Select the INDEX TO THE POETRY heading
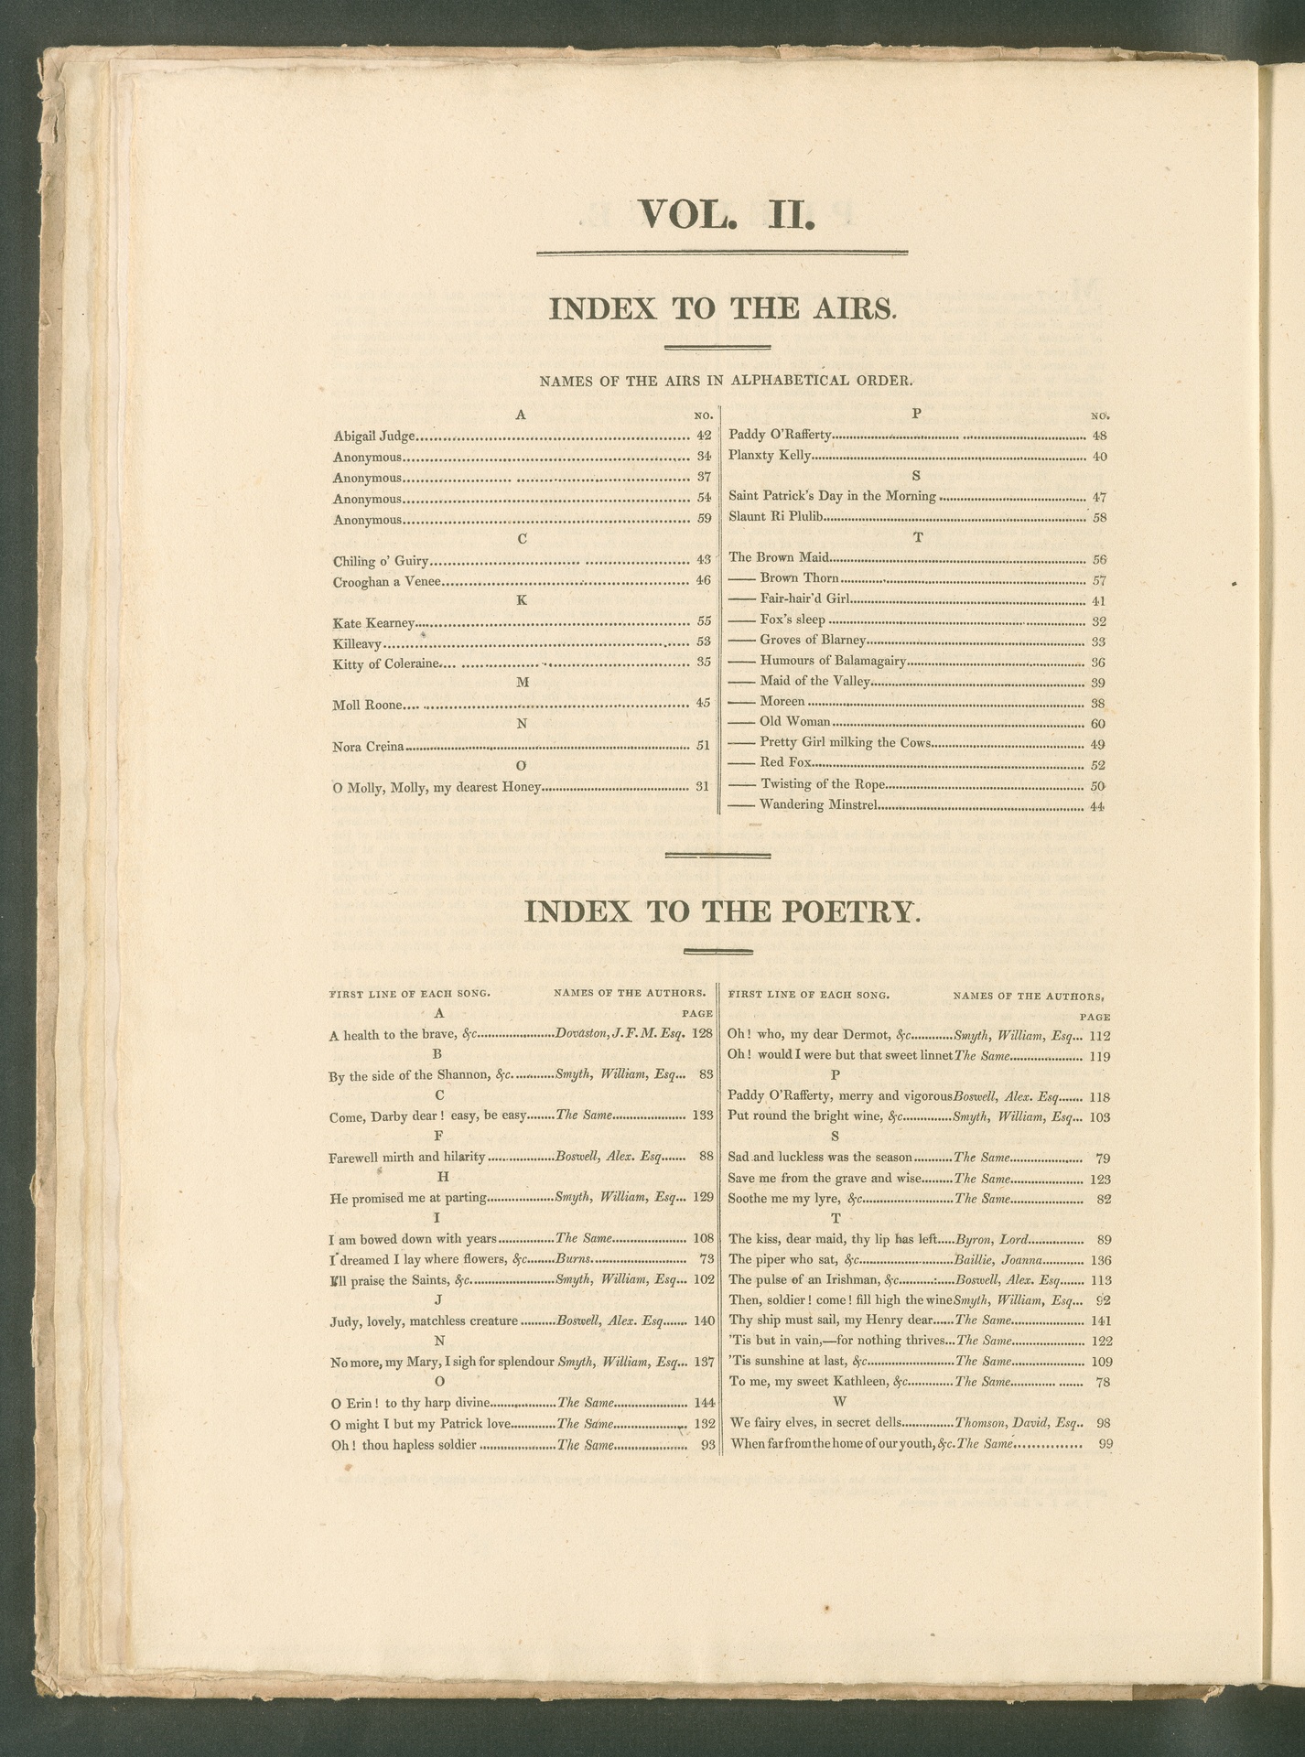coord(719,911)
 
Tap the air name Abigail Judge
coord(374,437)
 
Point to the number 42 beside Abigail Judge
coord(703,437)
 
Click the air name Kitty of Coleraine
coord(386,663)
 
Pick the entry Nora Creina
coord(368,746)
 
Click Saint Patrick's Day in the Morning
coord(832,496)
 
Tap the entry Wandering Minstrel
coord(819,806)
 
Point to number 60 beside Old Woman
coord(1099,722)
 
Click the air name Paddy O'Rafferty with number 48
coord(780,436)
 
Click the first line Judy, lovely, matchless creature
coord(424,1320)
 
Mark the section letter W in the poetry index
coord(840,1402)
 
